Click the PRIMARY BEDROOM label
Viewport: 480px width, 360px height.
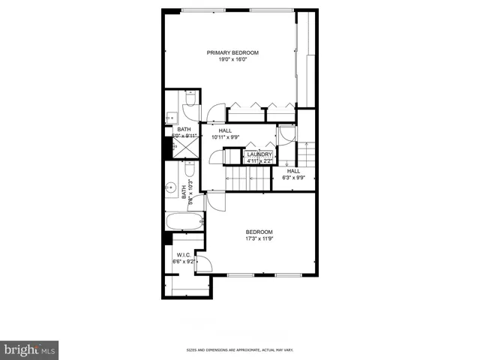pyautogui.click(x=233, y=52)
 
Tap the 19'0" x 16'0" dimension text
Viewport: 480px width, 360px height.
pyautogui.click(x=233, y=60)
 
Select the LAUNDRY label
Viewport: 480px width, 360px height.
pyautogui.click(x=259, y=154)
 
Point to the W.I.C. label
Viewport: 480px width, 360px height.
pyautogui.click(x=184, y=254)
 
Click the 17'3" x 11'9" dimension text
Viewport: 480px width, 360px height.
pyautogui.click(x=259, y=239)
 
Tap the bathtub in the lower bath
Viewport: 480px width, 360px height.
pyautogui.click(x=183, y=222)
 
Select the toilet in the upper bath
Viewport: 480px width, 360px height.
pyautogui.click(x=189, y=99)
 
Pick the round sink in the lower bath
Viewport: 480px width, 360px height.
pyautogui.click(x=171, y=188)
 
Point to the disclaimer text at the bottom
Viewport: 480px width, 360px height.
pyautogui.click(x=240, y=350)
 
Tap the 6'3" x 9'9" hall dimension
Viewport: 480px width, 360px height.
pyautogui.click(x=293, y=178)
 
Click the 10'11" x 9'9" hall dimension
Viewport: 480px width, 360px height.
pyautogui.click(x=225, y=137)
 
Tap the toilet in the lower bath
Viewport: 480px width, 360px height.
pyautogui.click(x=189, y=169)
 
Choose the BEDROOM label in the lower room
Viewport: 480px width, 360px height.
pyautogui.click(x=259, y=232)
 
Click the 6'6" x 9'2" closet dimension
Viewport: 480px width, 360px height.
pyautogui.click(x=184, y=262)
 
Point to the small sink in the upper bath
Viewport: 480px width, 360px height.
pyautogui.click(x=171, y=117)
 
